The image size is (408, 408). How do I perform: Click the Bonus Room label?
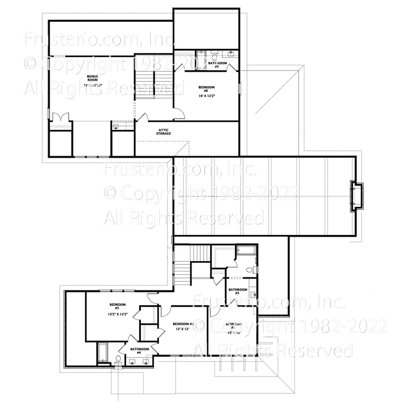(93, 78)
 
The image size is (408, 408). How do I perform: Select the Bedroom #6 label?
(206, 88)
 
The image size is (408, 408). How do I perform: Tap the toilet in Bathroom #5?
(215, 56)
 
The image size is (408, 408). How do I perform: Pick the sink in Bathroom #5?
(232, 53)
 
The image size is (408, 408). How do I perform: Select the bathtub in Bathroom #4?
(102, 353)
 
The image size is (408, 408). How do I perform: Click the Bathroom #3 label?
(238, 292)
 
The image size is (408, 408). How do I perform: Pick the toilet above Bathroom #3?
(249, 270)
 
